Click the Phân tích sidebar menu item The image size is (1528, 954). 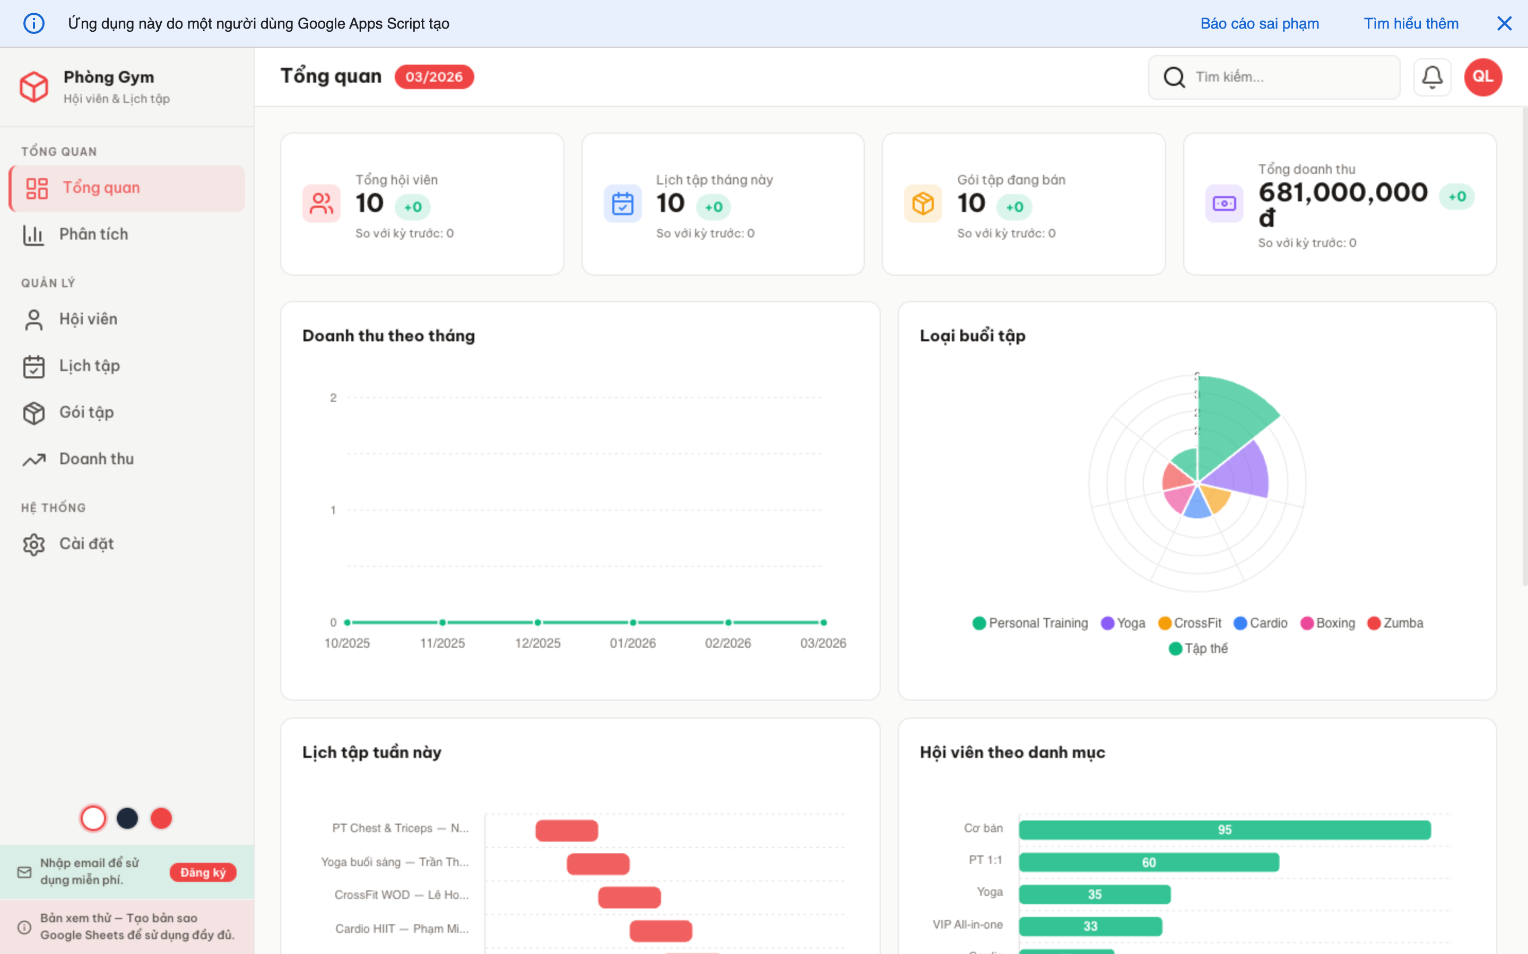pyautogui.click(x=93, y=235)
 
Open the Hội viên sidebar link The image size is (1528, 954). pyautogui.click(x=88, y=319)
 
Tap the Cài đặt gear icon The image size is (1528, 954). pyautogui.click(x=34, y=544)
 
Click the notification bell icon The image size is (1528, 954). pyautogui.click(x=1431, y=77)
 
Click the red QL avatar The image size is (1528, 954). pyautogui.click(x=1482, y=77)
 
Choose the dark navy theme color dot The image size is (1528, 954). pyautogui.click(x=127, y=818)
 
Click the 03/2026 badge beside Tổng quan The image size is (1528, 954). pyautogui.click(x=434, y=77)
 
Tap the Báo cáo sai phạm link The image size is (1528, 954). pyautogui.click(x=1259, y=23)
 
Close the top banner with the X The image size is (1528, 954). pyautogui.click(x=1504, y=23)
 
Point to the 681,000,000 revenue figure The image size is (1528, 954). pyautogui.click(x=1342, y=192)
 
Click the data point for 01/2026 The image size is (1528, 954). pyautogui.click(x=632, y=623)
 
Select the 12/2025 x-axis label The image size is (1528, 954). pyautogui.click(x=537, y=643)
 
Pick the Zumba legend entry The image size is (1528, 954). pyautogui.click(x=1395, y=623)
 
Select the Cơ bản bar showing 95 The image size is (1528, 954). pyautogui.click(x=1225, y=829)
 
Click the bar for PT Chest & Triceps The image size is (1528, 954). pyautogui.click(x=567, y=831)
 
